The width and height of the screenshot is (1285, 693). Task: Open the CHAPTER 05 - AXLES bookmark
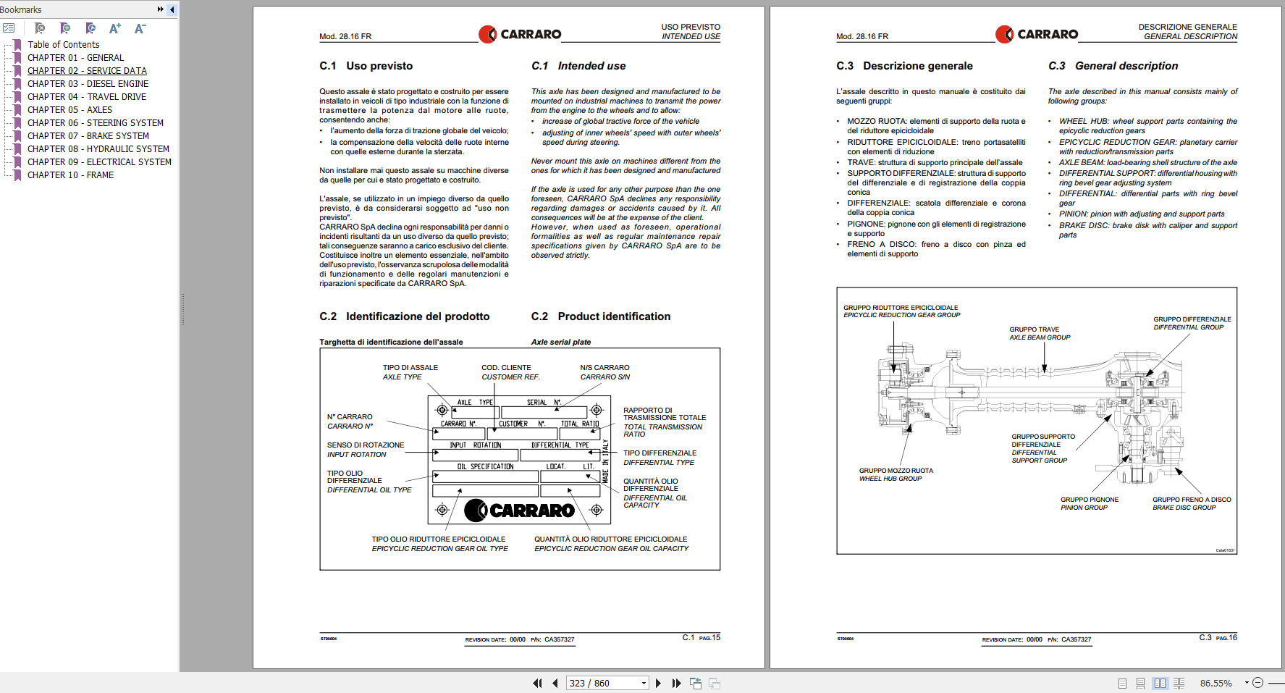click(69, 110)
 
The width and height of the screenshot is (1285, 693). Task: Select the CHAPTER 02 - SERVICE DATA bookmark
click(87, 71)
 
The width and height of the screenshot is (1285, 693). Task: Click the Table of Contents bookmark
click(64, 45)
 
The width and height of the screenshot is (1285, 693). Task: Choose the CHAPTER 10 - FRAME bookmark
click(70, 175)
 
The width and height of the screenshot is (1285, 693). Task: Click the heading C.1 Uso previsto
click(366, 66)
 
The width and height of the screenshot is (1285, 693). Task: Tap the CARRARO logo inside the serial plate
click(520, 511)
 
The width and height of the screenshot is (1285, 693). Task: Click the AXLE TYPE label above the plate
click(402, 377)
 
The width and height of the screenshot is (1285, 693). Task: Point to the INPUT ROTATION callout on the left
click(356, 455)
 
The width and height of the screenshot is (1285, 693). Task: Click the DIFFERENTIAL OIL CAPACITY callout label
click(654, 501)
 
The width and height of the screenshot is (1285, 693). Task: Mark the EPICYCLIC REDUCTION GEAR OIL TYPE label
click(439, 549)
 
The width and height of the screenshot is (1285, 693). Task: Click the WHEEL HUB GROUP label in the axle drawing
click(890, 479)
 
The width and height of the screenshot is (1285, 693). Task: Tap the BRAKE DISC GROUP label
click(1184, 508)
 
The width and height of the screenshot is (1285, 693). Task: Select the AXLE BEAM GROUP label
click(1040, 337)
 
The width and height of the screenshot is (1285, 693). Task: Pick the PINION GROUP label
click(1084, 508)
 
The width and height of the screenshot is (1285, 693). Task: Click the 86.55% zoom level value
click(1216, 683)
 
